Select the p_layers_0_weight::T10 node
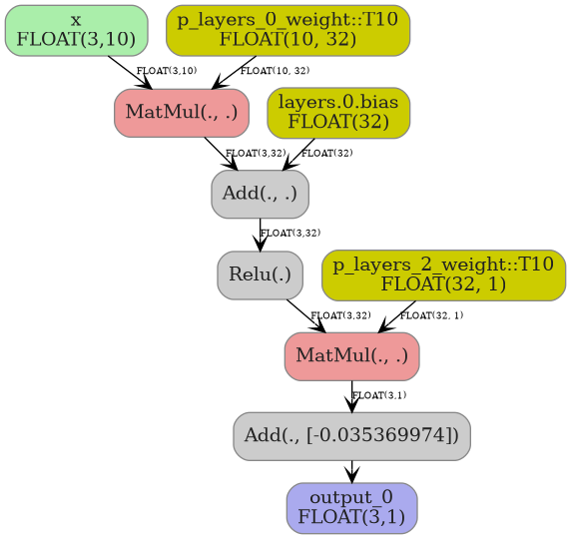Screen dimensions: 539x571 [287, 30]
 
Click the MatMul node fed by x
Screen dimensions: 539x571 [182, 113]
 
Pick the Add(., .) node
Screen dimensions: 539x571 [260, 194]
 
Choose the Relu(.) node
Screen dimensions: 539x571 [260, 274]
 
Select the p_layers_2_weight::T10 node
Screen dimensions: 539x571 [443, 274]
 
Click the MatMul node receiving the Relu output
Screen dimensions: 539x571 [351, 356]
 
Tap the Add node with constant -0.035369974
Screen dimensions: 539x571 [351, 436]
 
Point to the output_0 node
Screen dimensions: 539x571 [351, 508]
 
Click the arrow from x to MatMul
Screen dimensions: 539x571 [131, 73]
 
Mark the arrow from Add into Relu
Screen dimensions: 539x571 [261, 235]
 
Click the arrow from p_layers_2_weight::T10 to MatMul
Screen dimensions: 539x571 [398, 315]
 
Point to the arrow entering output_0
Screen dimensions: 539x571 [351, 471]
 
